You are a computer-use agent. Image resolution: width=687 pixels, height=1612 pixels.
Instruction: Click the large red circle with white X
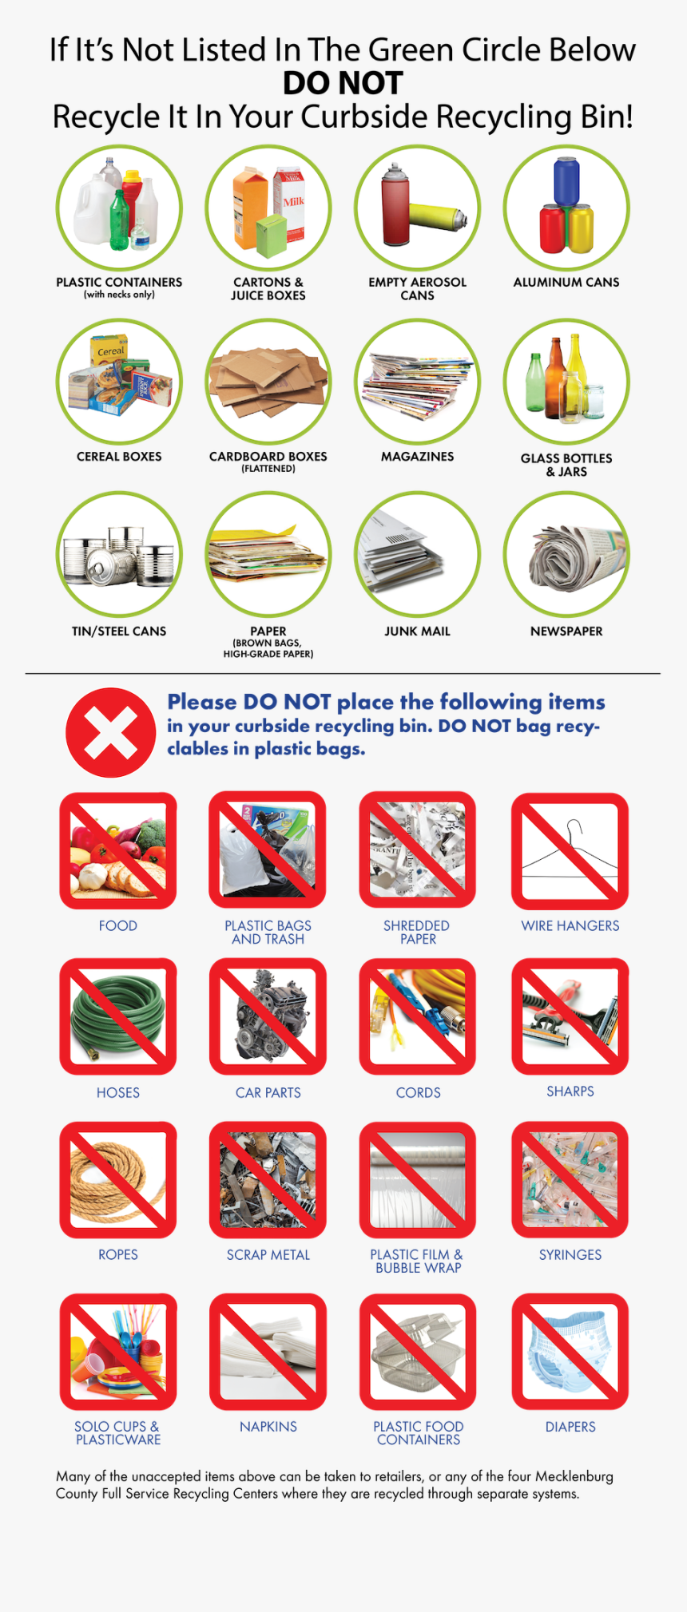(110, 732)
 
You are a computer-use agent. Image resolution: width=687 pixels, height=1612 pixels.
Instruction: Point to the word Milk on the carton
(293, 201)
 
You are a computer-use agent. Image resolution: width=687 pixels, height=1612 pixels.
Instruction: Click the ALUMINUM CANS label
(566, 282)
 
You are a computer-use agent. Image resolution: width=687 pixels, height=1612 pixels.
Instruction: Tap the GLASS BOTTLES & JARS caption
(566, 465)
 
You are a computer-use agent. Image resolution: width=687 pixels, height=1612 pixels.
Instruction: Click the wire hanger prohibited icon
(570, 851)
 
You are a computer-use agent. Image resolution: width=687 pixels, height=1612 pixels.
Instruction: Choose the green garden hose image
(117, 1016)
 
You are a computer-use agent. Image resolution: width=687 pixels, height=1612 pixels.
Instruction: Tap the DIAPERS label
(570, 1426)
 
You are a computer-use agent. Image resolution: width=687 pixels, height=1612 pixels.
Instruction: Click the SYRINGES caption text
(570, 1254)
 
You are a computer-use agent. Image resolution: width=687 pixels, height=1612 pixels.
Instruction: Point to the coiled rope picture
(117, 1180)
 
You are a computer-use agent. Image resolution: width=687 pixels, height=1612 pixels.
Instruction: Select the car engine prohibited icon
(268, 1016)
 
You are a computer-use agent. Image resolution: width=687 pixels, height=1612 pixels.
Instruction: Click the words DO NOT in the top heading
(343, 83)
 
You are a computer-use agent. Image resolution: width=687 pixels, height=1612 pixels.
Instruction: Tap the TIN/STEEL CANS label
(119, 631)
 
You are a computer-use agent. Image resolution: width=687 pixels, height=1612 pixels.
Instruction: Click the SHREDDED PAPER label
(417, 932)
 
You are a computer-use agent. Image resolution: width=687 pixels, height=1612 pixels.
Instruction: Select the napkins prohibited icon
(268, 1352)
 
